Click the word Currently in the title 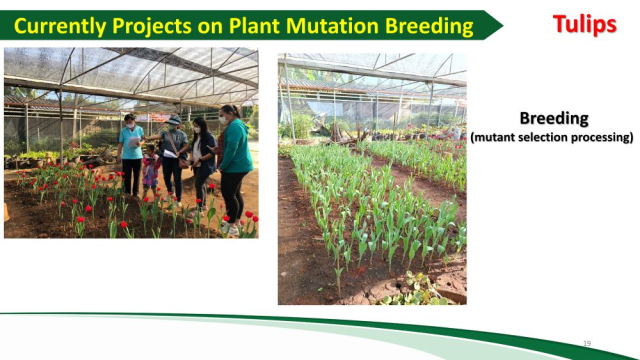click(x=60, y=27)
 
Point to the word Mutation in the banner click(x=333, y=26)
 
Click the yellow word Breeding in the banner click(x=429, y=27)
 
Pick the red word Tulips click(x=584, y=24)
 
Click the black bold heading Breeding click(x=554, y=119)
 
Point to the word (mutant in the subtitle click(x=490, y=138)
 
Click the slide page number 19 click(x=587, y=344)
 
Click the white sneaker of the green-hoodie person click(x=230, y=230)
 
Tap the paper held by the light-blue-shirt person click(x=134, y=142)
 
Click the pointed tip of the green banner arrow click(x=502, y=25)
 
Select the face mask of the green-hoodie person click(x=224, y=120)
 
